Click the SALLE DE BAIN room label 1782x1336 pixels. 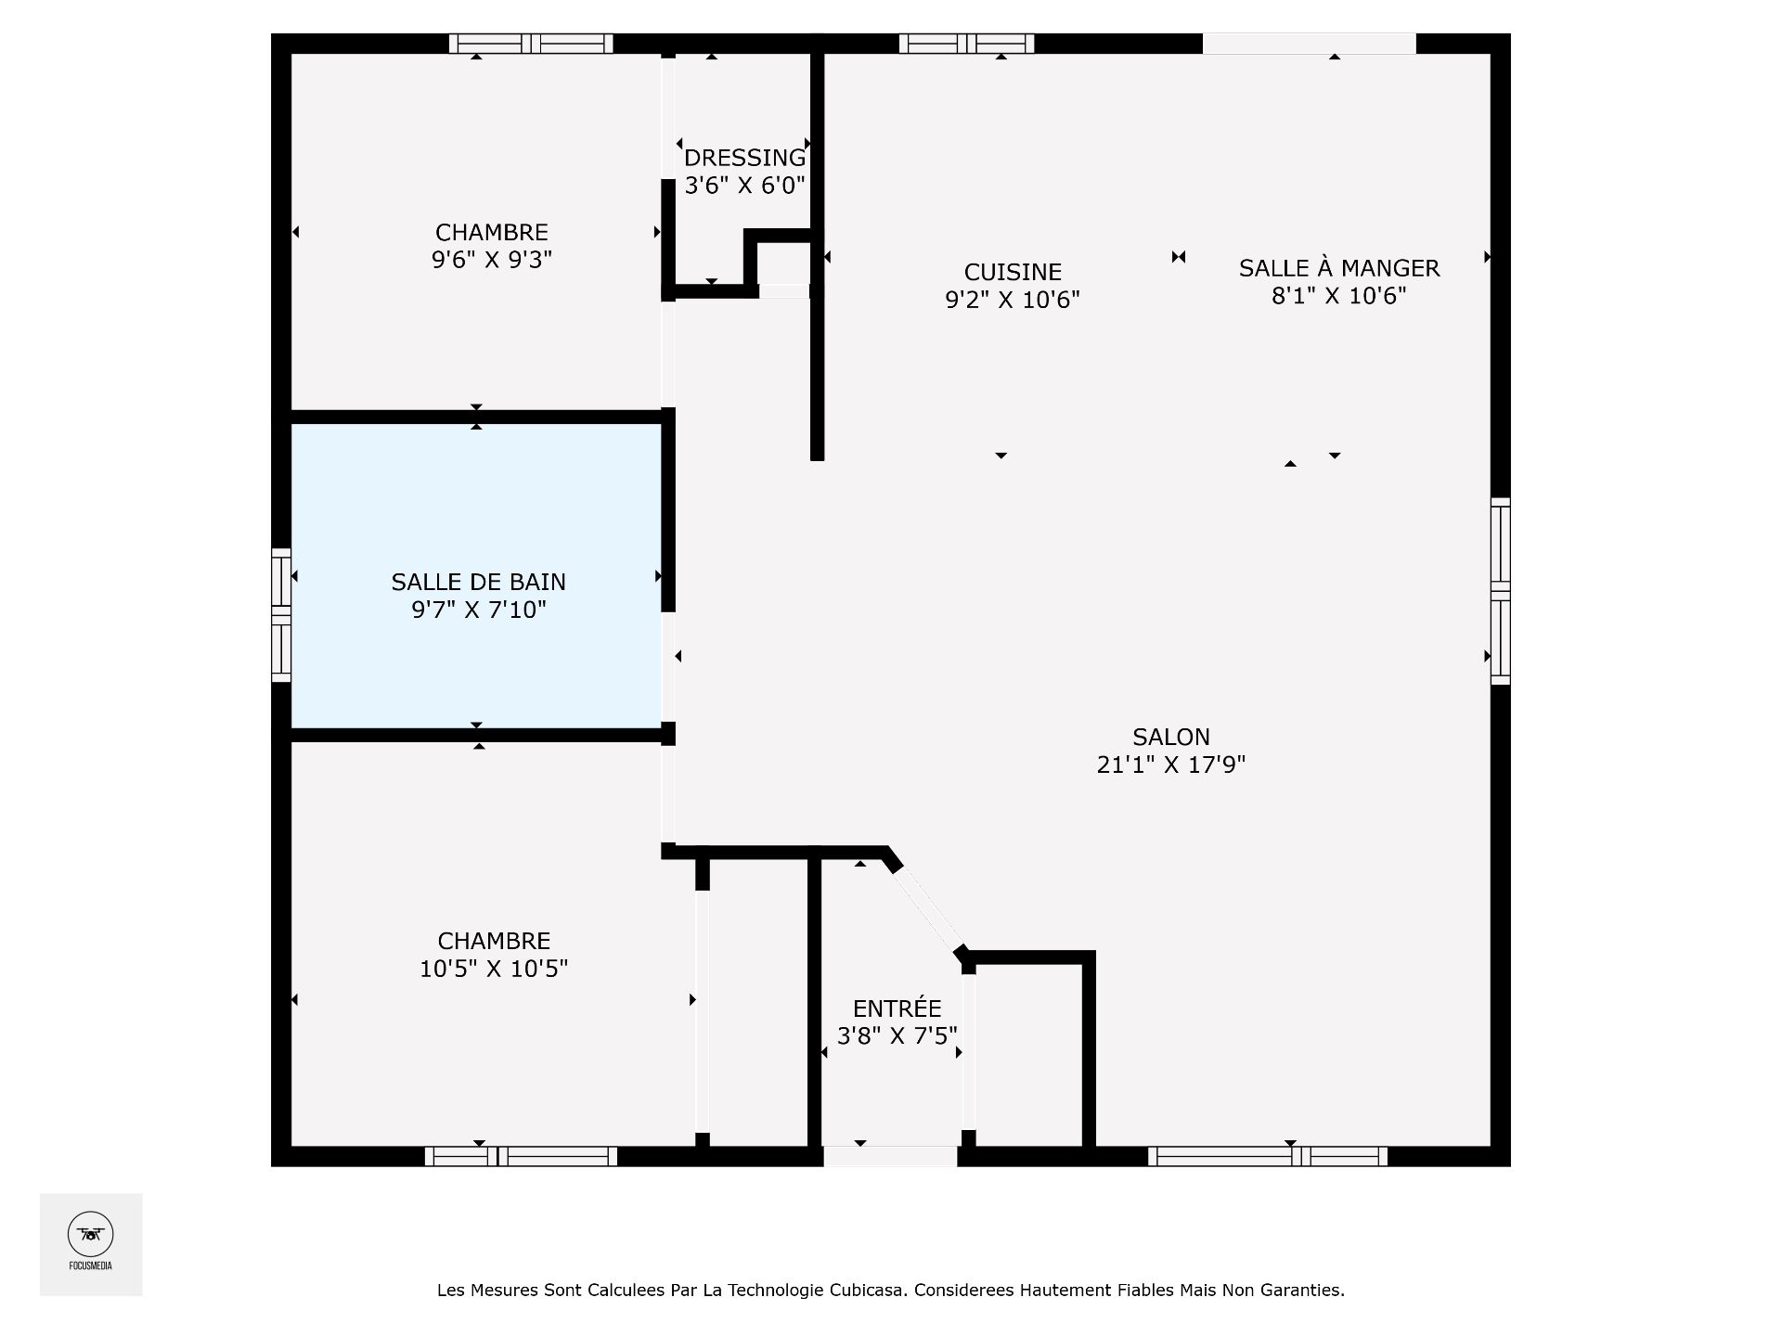(x=478, y=582)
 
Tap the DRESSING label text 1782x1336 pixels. (x=744, y=158)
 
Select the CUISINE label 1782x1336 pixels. (x=1013, y=272)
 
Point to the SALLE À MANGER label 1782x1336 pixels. (x=1338, y=267)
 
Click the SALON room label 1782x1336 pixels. (x=1171, y=737)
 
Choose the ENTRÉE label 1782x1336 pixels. (x=897, y=1008)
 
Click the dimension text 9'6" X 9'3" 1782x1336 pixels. (x=492, y=260)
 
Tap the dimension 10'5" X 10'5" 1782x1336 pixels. (x=494, y=969)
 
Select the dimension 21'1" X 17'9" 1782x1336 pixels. (x=1171, y=764)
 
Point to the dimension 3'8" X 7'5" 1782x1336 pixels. (x=897, y=1035)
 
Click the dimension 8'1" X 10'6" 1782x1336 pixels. (x=1339, y=296)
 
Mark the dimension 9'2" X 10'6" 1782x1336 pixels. (x=1013, y=300)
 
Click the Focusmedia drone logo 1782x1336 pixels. (x=91, y=1235)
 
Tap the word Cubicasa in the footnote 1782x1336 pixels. (x=869, y=1290)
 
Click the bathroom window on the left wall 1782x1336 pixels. (x=281, y=615)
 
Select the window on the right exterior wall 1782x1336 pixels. (x=1500, y=591)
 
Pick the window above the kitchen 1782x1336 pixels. (x=966, y=44)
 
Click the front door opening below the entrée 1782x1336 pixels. (x=890, y=1156)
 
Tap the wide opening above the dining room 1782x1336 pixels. (x=1310, y=44)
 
